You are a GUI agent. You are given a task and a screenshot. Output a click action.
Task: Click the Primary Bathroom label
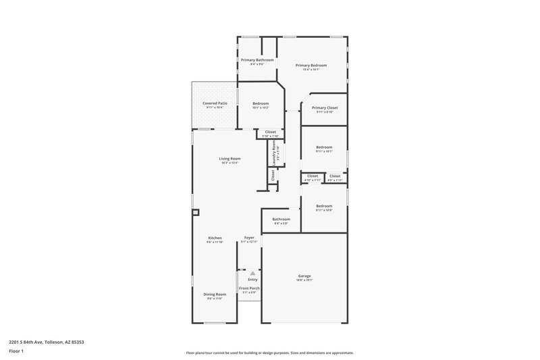coord(257,60)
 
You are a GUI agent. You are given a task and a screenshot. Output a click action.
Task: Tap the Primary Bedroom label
coord(311,65)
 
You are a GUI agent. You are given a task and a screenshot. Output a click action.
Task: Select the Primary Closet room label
coord(325,107)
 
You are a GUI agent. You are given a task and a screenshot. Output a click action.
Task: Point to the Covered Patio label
coord(215,103)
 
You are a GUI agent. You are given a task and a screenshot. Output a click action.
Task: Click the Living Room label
coord(230,159)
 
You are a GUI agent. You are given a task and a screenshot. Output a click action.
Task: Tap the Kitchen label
coord(215,238)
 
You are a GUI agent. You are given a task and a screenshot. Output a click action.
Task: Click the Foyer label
coord(249,238)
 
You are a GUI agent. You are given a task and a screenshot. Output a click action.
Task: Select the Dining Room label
coord(215,294)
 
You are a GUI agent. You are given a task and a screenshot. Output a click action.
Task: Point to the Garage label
coord(304,276)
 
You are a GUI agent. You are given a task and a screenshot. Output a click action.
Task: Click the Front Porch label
coord(249,288)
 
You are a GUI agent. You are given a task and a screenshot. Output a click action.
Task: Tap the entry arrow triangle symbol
coord(252,273)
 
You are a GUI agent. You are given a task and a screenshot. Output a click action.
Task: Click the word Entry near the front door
coord(252,279)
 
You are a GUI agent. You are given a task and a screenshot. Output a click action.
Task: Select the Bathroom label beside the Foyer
coord(281,219)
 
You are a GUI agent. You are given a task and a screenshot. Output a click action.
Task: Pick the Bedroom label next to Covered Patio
coord(260,103)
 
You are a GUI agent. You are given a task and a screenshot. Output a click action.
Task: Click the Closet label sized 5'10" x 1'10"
coord(270,132)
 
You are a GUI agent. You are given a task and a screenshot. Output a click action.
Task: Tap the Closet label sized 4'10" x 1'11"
coord(313,176)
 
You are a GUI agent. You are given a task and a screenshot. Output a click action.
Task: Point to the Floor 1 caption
coord(16,352)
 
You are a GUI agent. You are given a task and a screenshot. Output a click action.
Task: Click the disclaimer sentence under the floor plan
coord(269,353)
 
